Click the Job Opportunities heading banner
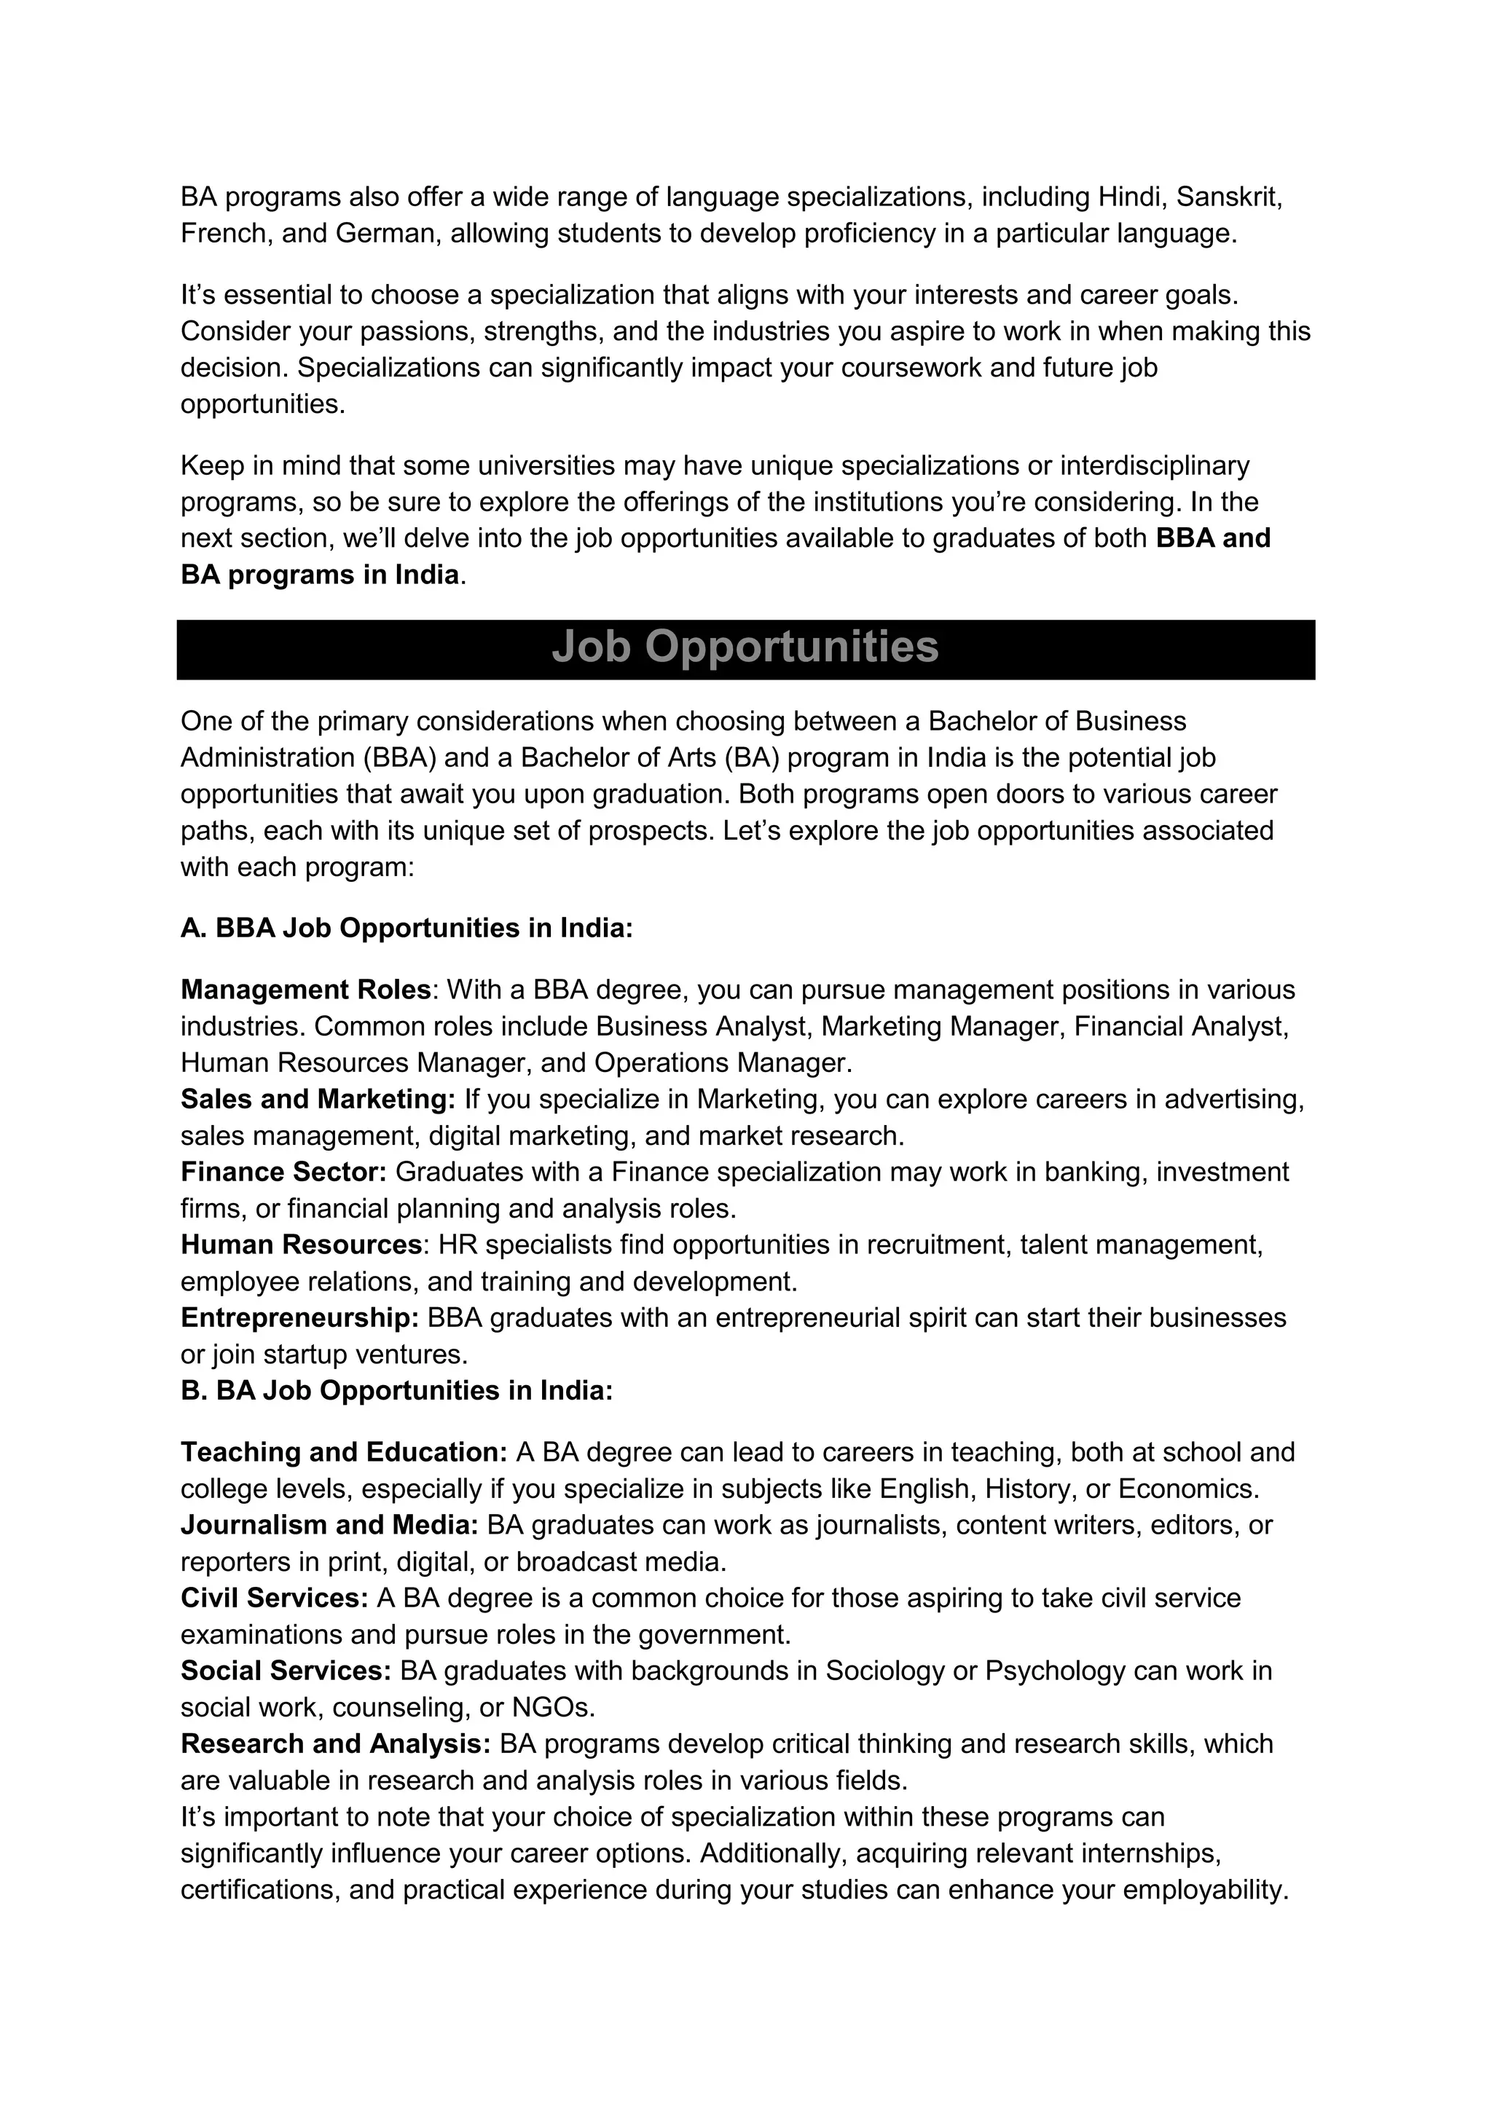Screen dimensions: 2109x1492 745,647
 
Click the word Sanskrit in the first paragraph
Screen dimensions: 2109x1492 1228,197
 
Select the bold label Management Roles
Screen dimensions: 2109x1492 305,990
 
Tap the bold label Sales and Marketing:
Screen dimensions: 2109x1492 318,1100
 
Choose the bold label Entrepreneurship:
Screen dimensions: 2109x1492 299,1318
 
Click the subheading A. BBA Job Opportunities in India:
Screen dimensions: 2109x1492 406,929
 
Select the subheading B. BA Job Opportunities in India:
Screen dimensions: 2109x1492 396,1391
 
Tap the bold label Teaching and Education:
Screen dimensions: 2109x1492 344,1452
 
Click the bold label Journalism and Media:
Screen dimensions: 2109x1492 329,1525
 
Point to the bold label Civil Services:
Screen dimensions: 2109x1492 274,1598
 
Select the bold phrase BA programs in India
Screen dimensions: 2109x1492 319,575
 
